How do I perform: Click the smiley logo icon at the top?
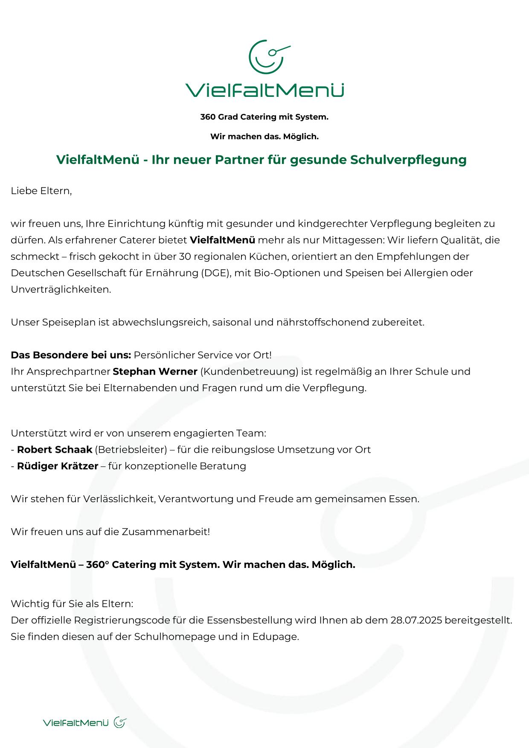pos(267,56)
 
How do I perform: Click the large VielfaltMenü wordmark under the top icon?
pos(264,90)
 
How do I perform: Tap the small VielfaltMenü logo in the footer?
pos(84,722)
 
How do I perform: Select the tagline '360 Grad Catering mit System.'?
pos(264,117)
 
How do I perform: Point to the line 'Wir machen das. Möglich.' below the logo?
pos(264,137)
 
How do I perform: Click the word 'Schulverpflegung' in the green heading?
pos(408,160)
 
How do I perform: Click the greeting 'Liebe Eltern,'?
pos(41,191)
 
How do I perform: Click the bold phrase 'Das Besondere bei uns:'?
pos(71,355)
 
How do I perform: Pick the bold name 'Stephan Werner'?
pos(155,371)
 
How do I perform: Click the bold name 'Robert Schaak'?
pos(55,449)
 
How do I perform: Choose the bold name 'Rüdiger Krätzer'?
pos(58,466)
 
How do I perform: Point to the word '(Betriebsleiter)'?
pos(131,449)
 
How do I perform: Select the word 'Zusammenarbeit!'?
pos(166,532)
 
